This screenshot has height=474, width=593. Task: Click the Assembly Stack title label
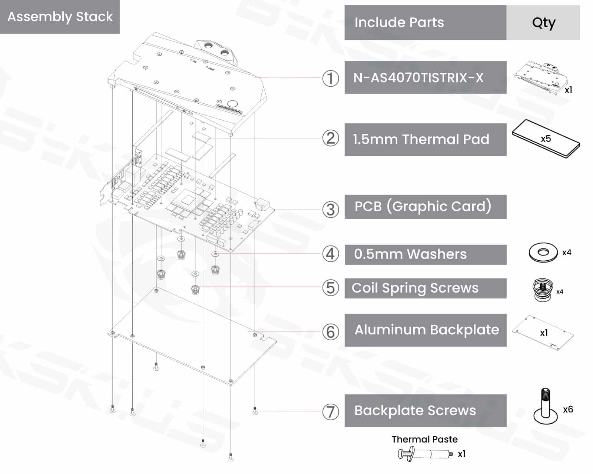(60, 17)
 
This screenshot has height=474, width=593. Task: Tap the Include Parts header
(399, 23)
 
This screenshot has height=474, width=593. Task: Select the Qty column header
(543, 23)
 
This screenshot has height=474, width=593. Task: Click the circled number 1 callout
(330, 79)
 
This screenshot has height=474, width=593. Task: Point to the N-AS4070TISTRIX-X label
(418, 78)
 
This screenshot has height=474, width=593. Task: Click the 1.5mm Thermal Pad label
(421, 139)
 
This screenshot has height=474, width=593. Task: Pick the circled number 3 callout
(330, 210)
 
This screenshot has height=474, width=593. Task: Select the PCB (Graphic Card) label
(423, 206)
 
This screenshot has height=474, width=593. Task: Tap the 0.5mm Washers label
(410, 254)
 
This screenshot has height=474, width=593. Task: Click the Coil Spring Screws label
(415, 288)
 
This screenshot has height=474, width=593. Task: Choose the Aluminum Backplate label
(427, 330)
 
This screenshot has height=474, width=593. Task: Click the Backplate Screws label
(415, 411)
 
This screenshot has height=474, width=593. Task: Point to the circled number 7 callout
(330, 412)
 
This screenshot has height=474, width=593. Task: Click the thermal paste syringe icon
(425, 454)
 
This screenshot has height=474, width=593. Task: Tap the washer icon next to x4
(543, 253)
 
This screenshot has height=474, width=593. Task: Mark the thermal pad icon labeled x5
(546, 139)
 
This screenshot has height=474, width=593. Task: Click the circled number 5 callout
(330, 288)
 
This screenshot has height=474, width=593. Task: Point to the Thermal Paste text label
(424, 440)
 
